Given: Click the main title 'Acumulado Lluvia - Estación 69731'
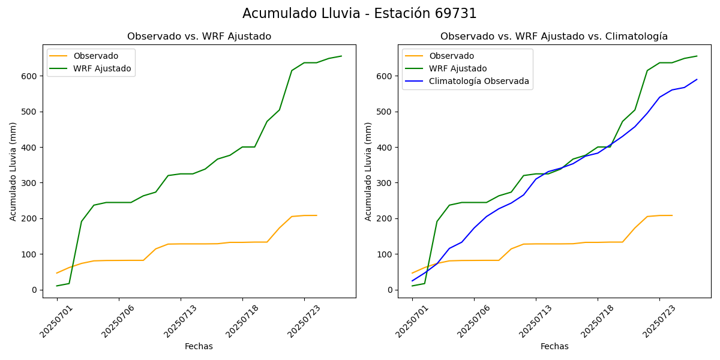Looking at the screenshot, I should pos(359,13).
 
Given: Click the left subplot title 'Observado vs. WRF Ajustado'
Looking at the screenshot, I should pos(199,37).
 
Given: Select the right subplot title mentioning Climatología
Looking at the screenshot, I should pos(554,37).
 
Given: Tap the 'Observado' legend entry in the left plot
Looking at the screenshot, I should pos(95,56).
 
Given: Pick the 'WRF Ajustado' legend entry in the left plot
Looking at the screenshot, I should pos(102,68).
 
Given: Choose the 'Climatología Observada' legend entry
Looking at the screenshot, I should pos(479,82).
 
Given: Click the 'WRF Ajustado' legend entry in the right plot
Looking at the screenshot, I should pos(458,68).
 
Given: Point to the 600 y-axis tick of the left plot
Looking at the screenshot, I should pos(30,76).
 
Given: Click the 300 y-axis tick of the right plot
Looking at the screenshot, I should pos(385,183).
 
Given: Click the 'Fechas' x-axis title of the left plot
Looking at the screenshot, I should pos(199,346).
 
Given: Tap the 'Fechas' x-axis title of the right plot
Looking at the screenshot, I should pos(554,346).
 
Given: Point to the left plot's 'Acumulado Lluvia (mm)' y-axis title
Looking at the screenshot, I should pos(13,171).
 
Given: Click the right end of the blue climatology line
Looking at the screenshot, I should pos(697,79).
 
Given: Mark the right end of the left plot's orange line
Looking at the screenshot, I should pos(317,215).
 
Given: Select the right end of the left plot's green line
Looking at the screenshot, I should pos(341,56).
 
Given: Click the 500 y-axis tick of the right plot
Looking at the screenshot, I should pos(385,112).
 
